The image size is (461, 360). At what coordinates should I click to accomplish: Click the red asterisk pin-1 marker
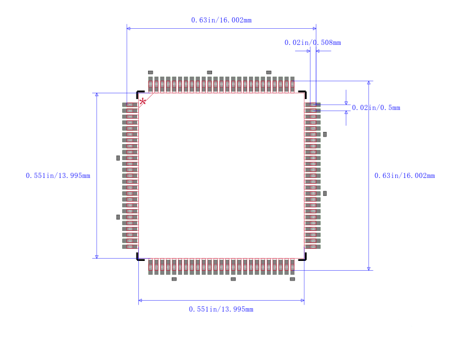142,101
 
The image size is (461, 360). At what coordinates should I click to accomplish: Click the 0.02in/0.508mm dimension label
312,43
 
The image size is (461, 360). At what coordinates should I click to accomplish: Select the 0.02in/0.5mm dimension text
376,108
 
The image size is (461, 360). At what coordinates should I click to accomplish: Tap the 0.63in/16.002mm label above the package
221,20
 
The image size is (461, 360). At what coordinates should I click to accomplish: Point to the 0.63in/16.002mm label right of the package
405,176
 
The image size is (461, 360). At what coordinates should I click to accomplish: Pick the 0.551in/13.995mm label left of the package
58,176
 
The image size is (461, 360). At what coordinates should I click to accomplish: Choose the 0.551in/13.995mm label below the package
221,309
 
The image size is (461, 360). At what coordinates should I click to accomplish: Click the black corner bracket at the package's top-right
303,93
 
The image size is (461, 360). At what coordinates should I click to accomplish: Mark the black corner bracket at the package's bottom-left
139,257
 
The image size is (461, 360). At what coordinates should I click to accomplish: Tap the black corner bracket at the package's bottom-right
303,257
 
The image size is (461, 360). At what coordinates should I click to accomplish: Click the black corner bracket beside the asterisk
139,93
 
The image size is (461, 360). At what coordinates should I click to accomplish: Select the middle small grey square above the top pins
209,73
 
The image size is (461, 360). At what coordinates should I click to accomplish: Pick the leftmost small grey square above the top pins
150,73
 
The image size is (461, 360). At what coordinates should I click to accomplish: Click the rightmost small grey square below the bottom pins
292,279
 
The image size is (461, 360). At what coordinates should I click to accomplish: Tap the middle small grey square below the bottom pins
233,279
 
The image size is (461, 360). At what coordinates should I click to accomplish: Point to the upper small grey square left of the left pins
118,158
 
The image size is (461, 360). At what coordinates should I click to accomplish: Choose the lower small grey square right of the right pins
325,194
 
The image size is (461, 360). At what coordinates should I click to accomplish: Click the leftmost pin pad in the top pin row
150,84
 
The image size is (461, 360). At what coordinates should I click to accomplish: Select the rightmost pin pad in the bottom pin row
292,267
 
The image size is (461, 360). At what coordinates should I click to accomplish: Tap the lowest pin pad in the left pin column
130,247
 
